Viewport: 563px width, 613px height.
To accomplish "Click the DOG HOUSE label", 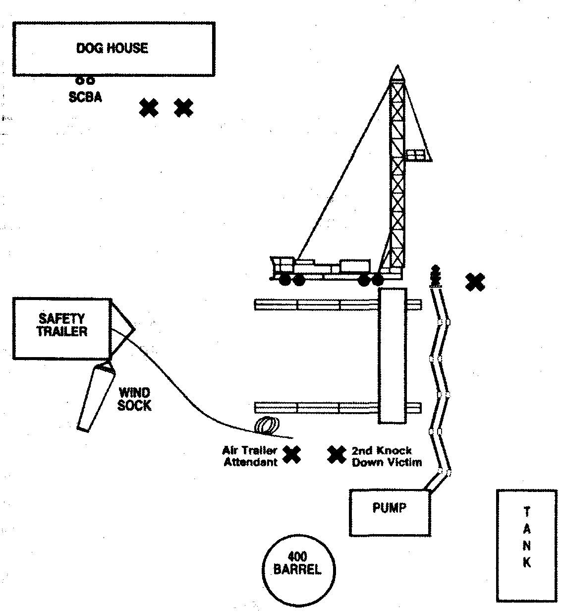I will tap(112, 48).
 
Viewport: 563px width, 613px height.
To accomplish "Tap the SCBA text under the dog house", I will tap(85, 97).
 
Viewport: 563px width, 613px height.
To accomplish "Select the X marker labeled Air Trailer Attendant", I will tap(292, 454).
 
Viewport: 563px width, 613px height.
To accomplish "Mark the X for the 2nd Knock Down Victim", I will tap(337, 454).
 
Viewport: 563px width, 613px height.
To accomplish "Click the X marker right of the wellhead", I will tap(475, 282).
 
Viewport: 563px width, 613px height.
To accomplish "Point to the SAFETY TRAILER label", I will tap(62, 325).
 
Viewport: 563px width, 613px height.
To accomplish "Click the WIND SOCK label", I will tap(134, 399).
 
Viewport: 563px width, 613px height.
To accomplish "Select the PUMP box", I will tap(390, 513).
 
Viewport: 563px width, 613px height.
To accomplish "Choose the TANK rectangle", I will tap(527, 545).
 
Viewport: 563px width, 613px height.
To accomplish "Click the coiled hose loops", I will tap(267, 426).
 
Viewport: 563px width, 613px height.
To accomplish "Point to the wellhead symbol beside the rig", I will tap(436, 276).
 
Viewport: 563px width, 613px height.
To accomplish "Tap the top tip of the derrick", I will tap(397, 67).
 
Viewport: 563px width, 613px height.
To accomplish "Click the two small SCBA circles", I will tap(85, 80).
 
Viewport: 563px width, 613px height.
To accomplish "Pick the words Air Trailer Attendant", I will tap(249, 457).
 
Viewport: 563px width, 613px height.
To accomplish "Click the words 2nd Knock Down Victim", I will tap(387, 457).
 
